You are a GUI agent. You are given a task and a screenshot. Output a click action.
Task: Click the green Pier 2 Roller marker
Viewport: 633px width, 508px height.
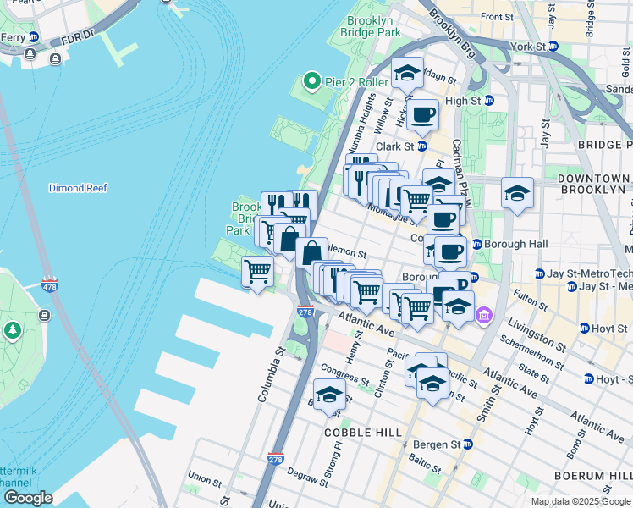pos(311,82)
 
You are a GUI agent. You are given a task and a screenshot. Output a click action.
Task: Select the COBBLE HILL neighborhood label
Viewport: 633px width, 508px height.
pos(362,433)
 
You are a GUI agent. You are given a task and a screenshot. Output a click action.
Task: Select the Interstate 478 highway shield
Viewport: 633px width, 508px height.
pos(50,286)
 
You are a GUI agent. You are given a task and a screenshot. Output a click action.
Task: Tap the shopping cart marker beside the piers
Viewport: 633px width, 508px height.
pos(257,273)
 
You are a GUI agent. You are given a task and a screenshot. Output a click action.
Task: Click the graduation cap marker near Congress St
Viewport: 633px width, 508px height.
pos(329,394)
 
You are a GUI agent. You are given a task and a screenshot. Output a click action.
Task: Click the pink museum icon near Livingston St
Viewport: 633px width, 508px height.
pos(483,317)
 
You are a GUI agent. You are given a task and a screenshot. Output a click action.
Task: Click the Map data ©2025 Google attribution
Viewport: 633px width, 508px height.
pos(581,501)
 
